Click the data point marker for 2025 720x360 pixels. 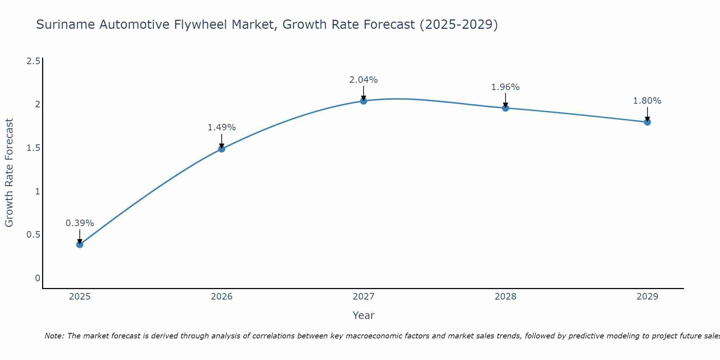[80, 244]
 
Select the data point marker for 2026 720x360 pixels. [221, 149]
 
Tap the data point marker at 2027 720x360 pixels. [363, 101]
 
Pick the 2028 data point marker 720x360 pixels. [505, 108]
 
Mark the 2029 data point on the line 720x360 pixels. [647, 122]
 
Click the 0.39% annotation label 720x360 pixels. [80, 223]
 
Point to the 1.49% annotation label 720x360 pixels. [221, 127]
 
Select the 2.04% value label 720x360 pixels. [363, 80]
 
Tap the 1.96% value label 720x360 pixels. [505, 87]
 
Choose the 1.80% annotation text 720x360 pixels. [647, 101]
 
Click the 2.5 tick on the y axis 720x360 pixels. [33, 61]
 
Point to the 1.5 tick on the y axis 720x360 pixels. [33, 148]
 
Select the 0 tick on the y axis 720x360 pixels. [37, 278]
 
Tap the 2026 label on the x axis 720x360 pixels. [221, 297]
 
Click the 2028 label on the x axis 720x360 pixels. [505, 297]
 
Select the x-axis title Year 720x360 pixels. [363, 315]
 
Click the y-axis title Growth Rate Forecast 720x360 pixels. [9, 173]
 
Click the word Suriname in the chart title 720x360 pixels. [66, 24]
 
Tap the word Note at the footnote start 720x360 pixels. [54, 336]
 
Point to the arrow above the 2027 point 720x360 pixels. [363, 93]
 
